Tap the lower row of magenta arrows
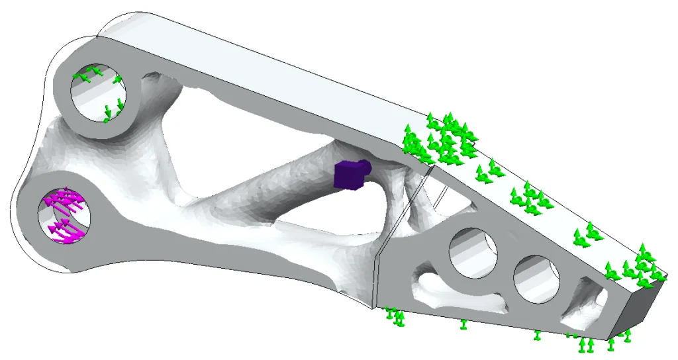click(66, 230)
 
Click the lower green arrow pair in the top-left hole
click(113, 110)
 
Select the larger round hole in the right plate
click(473, 252)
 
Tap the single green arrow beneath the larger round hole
click(463, 324)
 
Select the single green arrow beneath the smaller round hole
click(538, 335)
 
